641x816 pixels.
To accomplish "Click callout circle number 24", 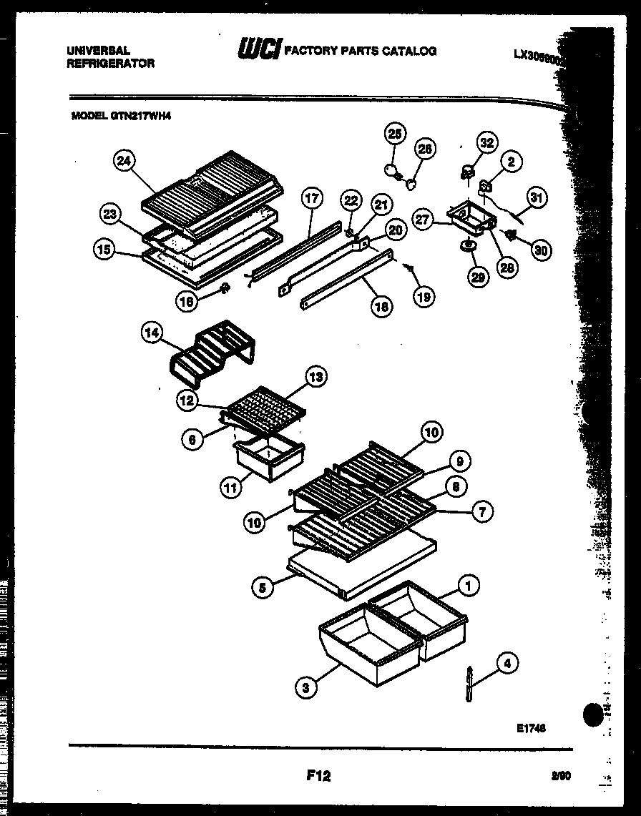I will click(124, 162).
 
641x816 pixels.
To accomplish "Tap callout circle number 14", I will click(153, 333).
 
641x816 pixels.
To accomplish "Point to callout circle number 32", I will click(486, 143).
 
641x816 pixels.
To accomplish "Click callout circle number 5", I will click(262, 589).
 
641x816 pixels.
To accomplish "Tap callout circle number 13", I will click(316, 376).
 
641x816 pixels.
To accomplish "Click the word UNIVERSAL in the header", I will click(98, 51).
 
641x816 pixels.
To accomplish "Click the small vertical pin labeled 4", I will click(469, 684).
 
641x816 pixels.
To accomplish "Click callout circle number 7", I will click(483, 511).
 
